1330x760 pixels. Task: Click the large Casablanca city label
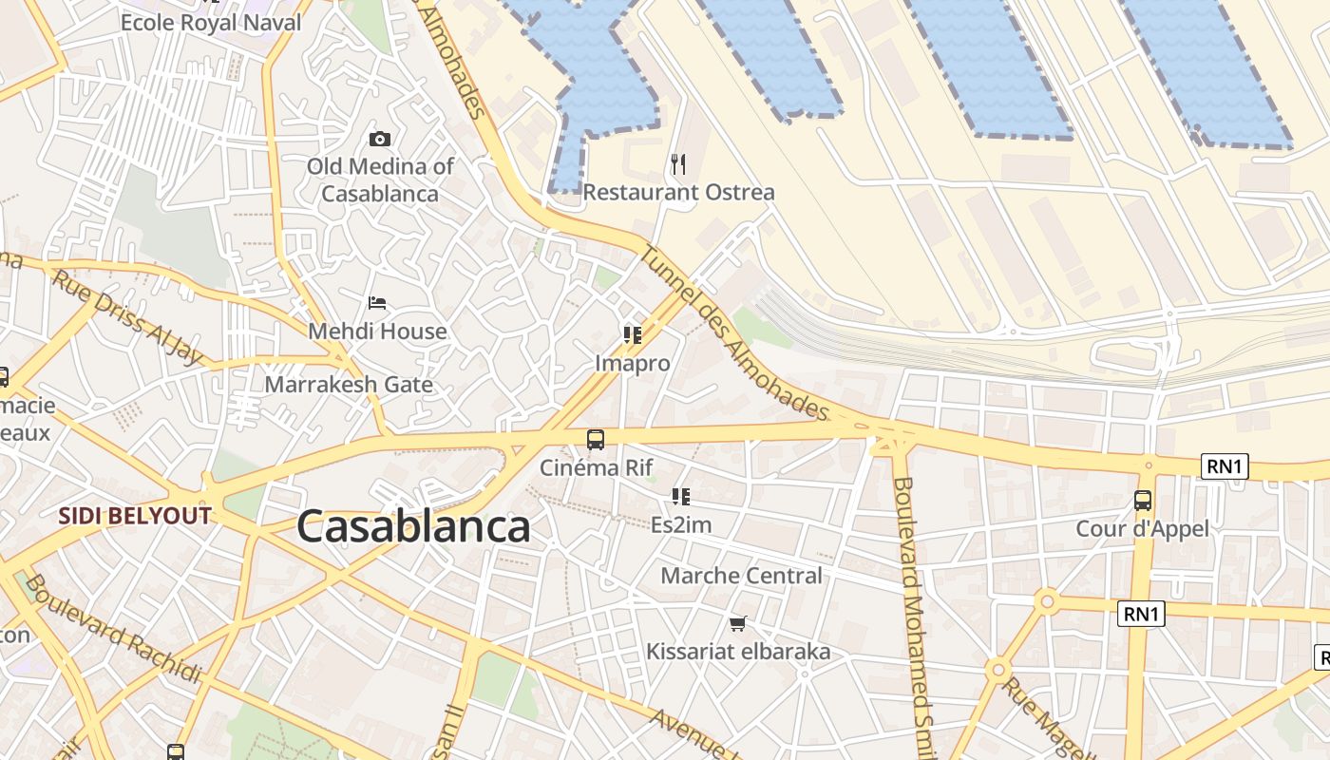click(413, 526)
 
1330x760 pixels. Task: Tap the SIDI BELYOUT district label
click(134, 516)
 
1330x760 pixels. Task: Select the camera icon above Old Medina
click(379, 139)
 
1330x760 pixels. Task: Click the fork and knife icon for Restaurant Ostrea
click(678, 164)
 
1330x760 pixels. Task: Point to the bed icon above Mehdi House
click(377, 303)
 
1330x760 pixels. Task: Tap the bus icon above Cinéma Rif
click(596, 439)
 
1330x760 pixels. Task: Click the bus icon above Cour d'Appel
click(1143, 500)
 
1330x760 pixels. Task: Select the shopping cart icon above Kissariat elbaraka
click(737, 624)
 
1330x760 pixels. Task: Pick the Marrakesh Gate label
click(349, 385)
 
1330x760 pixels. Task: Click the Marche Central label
click(741, 576)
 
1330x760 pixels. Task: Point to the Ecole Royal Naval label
click(211, 22)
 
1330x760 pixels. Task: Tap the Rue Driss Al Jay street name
click(127, 316)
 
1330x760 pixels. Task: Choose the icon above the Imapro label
click(632, 334)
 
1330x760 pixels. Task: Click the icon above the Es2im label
click(680, 496)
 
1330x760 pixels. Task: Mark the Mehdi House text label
click(377, 332)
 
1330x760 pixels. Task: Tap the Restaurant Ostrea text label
click(678, 192)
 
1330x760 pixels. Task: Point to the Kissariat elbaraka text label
click(738, 652)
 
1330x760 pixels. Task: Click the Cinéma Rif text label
click(597, 467)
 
